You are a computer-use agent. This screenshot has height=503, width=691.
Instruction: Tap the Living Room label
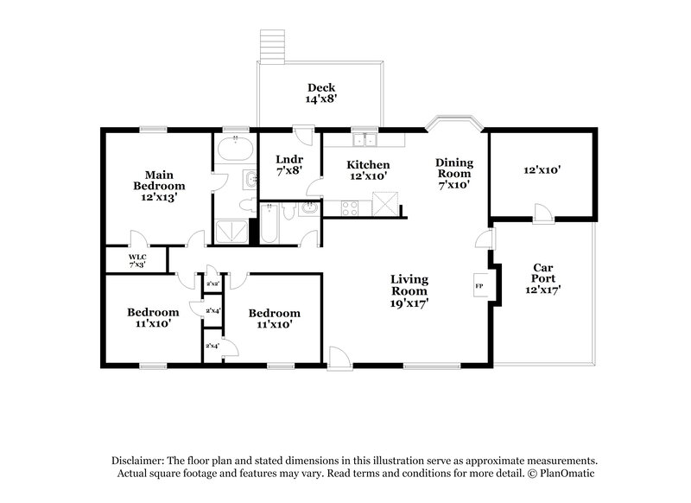pos(409,290)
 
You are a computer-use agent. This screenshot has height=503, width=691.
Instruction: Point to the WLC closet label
pos(137,259)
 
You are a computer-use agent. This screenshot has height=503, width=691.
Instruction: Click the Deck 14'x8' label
pos(320,93)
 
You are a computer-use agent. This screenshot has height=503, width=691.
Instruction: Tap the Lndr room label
pos(288,164)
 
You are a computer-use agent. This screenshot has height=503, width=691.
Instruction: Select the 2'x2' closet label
pos(212,283)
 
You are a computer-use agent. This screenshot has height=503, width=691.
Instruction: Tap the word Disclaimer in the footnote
pos(141,462)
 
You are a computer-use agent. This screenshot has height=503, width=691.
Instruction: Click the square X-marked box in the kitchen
pos(386,205)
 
